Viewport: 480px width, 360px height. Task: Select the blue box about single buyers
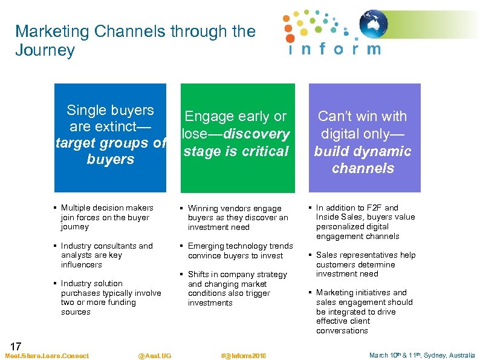tap(110, 137)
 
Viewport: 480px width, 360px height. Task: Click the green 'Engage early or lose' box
tap(236, 137)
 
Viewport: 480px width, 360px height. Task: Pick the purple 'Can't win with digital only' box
tap(363, 137)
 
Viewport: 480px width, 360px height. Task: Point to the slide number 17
tap(16, 347)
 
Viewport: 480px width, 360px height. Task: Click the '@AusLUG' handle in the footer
tap(154, 356)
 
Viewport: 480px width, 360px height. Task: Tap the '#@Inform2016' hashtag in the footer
tap(244, 356)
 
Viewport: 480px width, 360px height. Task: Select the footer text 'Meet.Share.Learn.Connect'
tap(47, 356)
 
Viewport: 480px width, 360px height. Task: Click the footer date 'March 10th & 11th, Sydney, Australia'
tap(422, 356)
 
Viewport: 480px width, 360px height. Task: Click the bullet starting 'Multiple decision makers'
tap(105, 217)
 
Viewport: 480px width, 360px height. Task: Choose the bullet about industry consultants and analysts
tap(105, 255)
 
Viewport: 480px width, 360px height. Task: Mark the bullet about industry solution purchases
tap(109, 298)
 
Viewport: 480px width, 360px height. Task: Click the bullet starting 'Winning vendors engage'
tap(236, 217)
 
